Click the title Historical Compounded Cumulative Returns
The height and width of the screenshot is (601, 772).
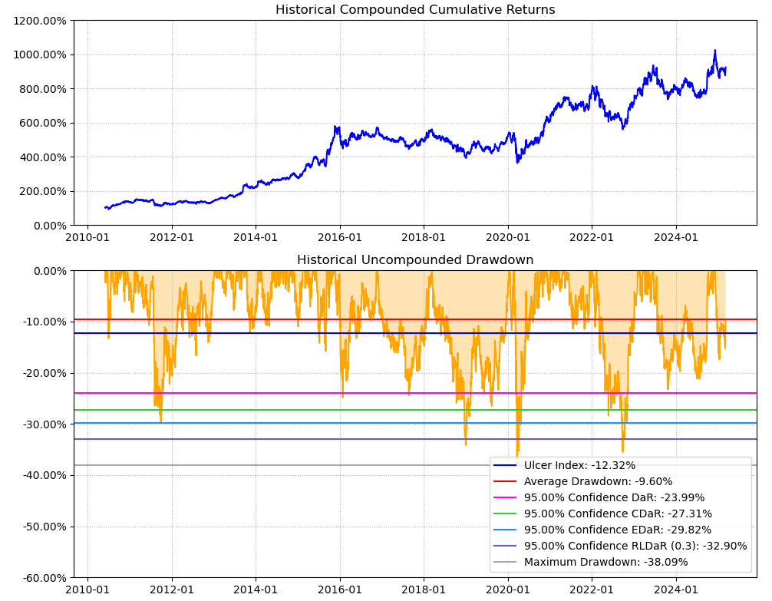tap(415, 10)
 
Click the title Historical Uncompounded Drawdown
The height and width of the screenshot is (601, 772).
tap(415, 260)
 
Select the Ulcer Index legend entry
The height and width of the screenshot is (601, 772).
tap(579, 465)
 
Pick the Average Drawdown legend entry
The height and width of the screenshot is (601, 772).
tap(598, 481)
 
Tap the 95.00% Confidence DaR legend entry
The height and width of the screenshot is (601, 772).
tap(614, 497)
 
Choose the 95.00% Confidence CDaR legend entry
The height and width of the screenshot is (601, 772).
tap(618, 513)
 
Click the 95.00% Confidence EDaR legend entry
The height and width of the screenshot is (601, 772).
tap(618, 530)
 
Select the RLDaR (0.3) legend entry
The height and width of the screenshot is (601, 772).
tap(635, 546)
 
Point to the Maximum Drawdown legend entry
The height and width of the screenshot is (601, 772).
tap(605, 562)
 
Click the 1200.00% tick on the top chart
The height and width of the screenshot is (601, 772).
tap(39, 21)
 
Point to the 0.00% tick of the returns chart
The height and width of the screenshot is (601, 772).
tap(48, 226)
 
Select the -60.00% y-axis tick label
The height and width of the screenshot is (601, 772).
tap(43, 578)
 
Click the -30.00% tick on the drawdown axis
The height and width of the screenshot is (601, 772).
tap(43, 424)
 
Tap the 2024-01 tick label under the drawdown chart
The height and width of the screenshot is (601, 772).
tap(676, 589)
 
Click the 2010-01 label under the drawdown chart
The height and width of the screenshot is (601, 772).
tap(87, 589)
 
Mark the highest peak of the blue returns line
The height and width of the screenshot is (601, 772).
tap(715, 51)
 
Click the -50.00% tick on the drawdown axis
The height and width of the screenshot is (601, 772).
tap(43, 527)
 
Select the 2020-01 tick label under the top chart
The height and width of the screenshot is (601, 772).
tap(508, 237)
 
